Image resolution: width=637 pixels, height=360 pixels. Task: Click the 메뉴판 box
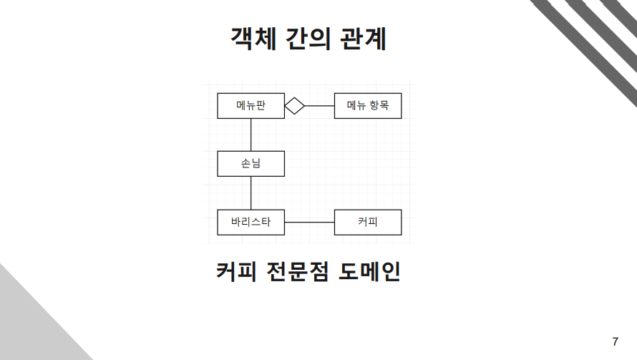coord(251,106)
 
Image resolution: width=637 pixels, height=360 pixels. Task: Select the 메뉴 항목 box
coord(368,106)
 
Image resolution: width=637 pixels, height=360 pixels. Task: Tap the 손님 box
coord(251,164)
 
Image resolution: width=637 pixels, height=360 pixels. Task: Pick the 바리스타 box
coord(251,222)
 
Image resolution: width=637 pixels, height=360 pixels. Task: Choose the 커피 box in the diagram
coord(368,222)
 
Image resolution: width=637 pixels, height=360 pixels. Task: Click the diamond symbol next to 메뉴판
coord(295,106)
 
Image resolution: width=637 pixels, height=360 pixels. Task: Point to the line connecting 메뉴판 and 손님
coord(251,135)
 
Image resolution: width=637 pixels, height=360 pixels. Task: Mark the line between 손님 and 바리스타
coord(251,193)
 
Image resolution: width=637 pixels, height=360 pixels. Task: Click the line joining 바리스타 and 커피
coord(309,223)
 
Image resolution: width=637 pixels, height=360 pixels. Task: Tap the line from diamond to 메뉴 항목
coord(320,106)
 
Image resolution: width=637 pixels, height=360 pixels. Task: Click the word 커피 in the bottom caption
coord(236,273)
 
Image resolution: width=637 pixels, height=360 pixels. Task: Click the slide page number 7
coord(616,341)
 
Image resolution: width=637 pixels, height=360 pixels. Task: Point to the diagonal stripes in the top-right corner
coord(594,36)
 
